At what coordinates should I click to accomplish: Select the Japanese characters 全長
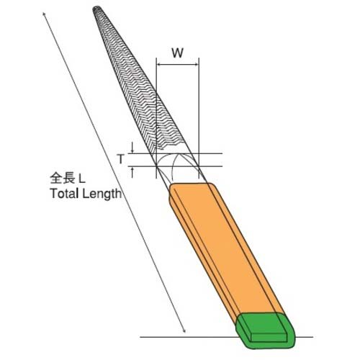coord(60,177)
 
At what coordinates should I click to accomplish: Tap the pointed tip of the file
coord(99,10)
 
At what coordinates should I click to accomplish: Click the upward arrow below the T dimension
coord(133,171)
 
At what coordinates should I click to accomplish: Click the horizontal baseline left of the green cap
coord(187,336)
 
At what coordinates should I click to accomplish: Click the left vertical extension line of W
coord(156,108)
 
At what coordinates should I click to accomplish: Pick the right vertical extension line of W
coord(198,108)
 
